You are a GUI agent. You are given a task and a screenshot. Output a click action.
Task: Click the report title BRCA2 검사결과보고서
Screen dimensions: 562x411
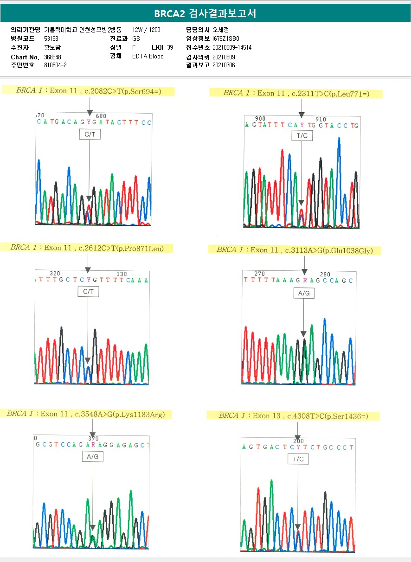pos(205,13)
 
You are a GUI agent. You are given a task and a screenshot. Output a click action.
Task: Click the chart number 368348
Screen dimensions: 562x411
pos(52,57)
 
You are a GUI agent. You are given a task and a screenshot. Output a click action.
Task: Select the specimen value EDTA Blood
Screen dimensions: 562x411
pos(148,57)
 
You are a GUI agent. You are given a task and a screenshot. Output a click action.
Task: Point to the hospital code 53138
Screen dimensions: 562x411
pos(51,38)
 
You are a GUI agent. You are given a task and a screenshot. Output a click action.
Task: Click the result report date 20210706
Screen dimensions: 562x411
pos(224,65)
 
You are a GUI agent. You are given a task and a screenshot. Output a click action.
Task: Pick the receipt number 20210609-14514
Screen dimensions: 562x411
pos(232,47)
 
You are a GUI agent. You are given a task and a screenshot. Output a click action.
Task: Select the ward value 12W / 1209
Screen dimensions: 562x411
pos(146,30)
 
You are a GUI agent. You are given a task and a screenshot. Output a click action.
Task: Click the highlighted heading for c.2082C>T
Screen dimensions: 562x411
pos(88,91)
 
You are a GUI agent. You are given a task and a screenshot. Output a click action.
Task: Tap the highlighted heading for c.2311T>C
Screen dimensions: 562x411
pos(296,93)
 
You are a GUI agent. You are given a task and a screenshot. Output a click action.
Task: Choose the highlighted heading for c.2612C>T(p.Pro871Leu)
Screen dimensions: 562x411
pos(87,248)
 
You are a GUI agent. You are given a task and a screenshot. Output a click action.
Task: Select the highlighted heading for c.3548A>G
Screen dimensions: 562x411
pos(86,414)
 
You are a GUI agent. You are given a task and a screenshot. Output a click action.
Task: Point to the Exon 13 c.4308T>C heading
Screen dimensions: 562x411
pos(293,416)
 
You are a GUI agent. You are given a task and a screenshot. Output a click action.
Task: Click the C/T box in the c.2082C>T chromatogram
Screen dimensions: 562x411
pos(89,134)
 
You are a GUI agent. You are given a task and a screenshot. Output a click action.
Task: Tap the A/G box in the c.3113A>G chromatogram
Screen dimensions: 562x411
pos(304,294)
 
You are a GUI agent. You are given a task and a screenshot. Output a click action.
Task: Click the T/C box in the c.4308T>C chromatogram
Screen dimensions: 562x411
pos(298,459)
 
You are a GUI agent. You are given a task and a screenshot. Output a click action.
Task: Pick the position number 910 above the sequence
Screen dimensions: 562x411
pos(321,119)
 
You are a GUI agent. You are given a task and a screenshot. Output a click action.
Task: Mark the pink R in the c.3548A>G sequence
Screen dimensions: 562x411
pos(93,445)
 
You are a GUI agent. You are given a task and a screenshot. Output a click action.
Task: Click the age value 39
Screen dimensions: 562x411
pos(170,47)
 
